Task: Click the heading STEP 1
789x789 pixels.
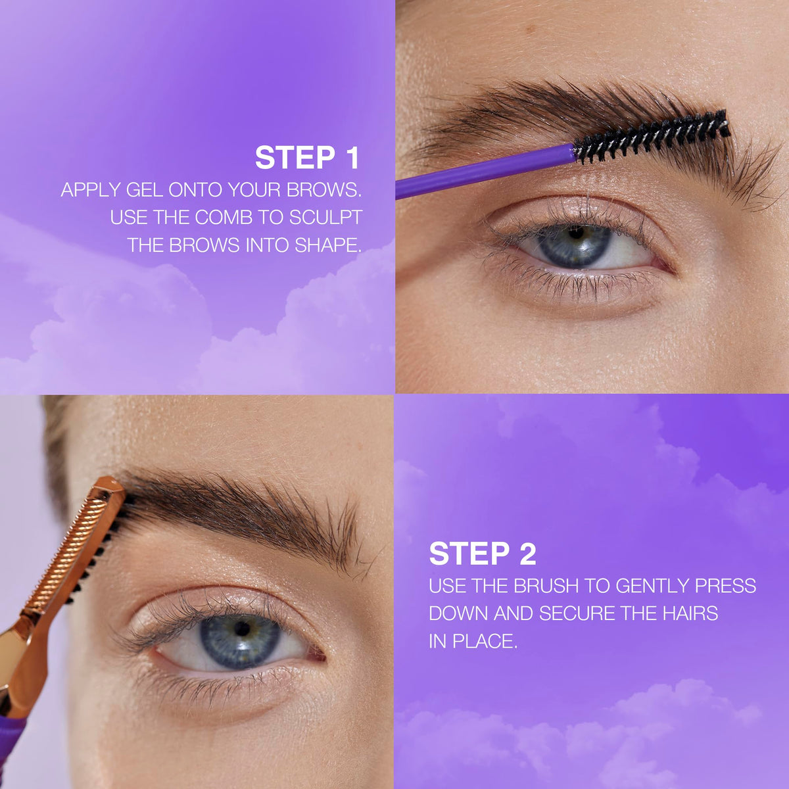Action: click(307, 158)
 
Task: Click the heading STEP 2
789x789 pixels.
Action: click(483, 554)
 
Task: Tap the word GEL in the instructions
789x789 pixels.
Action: click(144, 190)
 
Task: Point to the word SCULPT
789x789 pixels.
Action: click(325, 218)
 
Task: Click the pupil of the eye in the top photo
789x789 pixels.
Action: click(576, 233)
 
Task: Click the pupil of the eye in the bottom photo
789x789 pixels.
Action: click(242, 629)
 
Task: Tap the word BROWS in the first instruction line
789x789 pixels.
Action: click(323, 190)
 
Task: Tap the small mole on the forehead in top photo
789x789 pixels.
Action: click(532, 29)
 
